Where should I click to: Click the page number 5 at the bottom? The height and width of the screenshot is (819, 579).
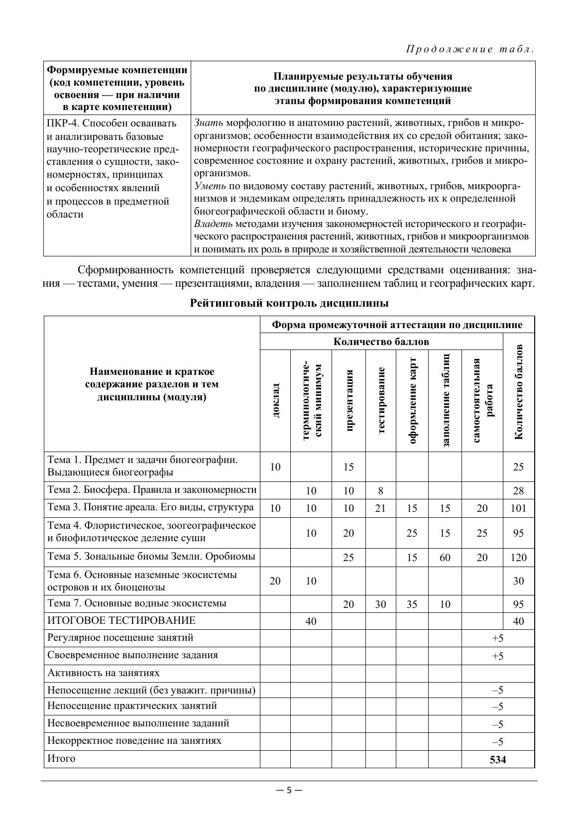pos(289,790)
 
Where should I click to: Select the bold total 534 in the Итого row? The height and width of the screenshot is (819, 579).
pos(497,760)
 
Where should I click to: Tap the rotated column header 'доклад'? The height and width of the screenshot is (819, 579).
pos(275,400)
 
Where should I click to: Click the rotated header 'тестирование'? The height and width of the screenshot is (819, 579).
pos(381,400)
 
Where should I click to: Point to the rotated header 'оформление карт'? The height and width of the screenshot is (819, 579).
pos(412,400)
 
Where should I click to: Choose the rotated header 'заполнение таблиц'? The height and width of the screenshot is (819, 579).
pos(446,400)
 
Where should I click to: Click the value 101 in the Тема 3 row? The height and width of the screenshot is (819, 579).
pos(518,508)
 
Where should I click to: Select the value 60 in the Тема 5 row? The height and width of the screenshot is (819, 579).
pos(445,558)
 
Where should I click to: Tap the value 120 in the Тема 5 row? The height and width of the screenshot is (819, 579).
pos(518,558)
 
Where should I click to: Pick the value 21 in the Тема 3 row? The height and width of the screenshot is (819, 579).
pos(380,508)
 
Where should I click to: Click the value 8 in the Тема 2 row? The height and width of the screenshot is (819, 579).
pos(380,491)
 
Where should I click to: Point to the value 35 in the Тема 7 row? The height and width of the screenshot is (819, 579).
pos(412,604)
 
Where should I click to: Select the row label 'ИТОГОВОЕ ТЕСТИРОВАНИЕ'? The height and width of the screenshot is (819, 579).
pos(121,621)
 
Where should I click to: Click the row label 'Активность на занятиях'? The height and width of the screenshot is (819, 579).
pos(104,673)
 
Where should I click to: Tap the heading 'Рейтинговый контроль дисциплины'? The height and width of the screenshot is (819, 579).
pos(289,303)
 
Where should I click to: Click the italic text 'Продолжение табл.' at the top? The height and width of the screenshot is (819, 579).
pos(470,49)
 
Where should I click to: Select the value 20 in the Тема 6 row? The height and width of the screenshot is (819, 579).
pos(275,581)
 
